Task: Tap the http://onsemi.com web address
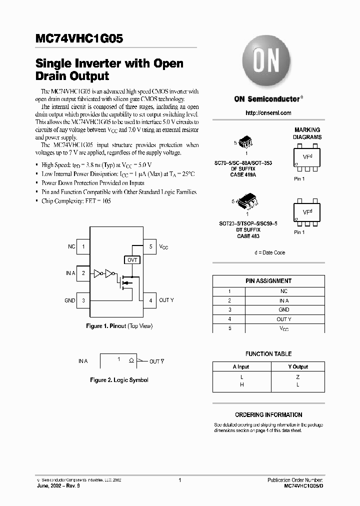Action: [268, 113]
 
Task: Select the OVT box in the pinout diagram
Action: [132, 260]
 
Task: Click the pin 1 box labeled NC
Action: [83, 246]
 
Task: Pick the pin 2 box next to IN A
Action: [83, 273]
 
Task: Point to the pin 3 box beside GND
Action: [83, 300]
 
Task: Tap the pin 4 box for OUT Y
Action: [150, 300]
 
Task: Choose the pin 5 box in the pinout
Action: [150, 246]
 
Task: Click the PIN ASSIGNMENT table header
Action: [268, 281]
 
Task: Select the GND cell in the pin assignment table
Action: [284, 310]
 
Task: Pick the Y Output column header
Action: [298, 366]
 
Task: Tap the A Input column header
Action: [241, 366]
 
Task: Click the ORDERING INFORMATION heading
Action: [268, 414]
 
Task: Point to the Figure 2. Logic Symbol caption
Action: [119, 380]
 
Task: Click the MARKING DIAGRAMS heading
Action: [307, 133]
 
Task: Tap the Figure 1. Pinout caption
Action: [119, 326]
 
